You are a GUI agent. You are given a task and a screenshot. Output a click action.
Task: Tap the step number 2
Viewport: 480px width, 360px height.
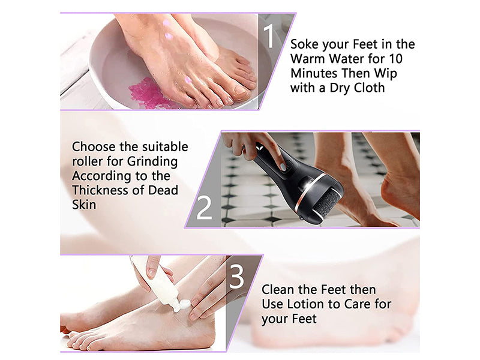click(204, 207)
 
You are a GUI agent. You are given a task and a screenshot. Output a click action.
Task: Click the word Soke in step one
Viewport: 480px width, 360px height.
click(305, 44)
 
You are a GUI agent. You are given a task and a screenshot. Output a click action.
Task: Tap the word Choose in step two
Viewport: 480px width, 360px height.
click(91, 147)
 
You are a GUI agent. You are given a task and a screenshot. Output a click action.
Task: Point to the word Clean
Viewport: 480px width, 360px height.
click(278, 289)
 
